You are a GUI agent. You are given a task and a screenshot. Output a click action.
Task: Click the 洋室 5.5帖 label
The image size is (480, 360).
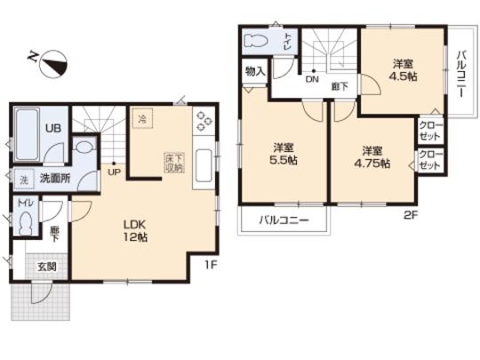point(284,155)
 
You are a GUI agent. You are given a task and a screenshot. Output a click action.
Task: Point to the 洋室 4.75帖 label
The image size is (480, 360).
point(372,156)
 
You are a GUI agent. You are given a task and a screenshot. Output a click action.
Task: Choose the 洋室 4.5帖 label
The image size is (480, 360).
point(403,69)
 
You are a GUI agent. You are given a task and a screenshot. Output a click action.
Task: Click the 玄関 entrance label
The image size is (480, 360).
point(46,266)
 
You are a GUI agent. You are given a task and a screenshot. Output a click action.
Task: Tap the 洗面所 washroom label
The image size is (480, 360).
point(54,178)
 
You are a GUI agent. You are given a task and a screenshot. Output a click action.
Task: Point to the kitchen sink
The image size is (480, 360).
point(202,167)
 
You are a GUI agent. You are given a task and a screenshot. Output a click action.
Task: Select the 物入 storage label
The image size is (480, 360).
point(254,70)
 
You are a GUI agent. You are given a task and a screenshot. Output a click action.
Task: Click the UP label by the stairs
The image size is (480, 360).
point(114,172)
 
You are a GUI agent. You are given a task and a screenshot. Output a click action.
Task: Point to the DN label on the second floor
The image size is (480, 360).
point(312,79)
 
